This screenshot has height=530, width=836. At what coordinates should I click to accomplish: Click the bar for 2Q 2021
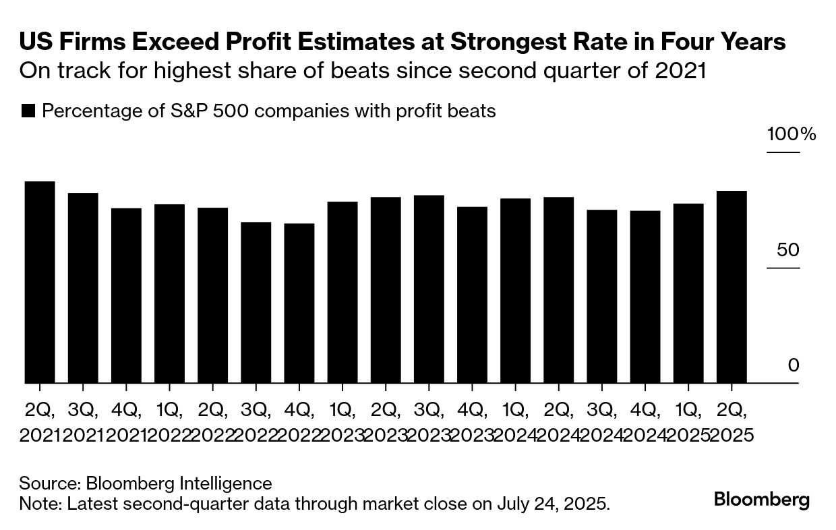(x=40, y=283)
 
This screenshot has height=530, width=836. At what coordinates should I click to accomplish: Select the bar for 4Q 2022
(x=299, y=303)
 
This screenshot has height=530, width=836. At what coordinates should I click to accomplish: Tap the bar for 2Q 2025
(x=731, y=287)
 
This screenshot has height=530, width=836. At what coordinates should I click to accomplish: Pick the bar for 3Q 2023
(x=429, y=289)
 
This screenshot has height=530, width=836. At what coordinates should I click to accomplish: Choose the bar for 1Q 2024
(x=515, y=291)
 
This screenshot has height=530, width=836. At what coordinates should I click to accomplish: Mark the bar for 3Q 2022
(x=256, y=303)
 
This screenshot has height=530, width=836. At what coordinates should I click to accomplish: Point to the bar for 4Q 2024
(x=645, y=297)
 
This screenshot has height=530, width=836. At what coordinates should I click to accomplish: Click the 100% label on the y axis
(x=791, y=134)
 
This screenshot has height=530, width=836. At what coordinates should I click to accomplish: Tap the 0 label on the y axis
(x=794, y=365)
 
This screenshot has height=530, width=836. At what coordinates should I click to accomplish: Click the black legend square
(x=28, y=111)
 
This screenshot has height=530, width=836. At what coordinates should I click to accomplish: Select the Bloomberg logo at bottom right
(x=762, y=500)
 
